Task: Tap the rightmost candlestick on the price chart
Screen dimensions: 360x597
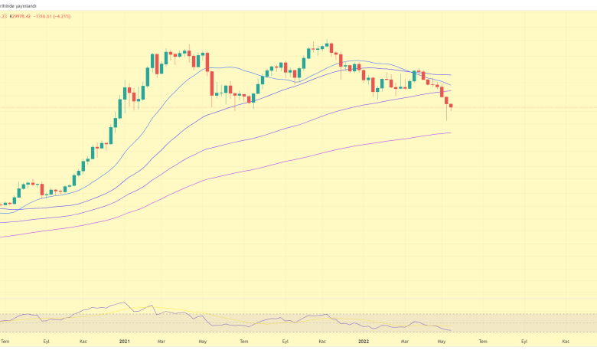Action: pos(452,106)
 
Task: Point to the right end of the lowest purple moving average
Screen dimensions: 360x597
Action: pos(451,133)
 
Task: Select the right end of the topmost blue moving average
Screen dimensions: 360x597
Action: pos(450,75)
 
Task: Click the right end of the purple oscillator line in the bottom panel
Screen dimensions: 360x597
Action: pos(451,331)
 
